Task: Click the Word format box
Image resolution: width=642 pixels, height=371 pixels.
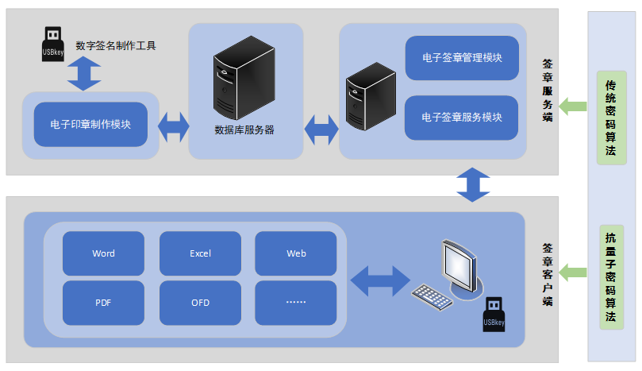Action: pos(103,253)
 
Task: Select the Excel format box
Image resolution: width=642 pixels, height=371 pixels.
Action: pos(200,253)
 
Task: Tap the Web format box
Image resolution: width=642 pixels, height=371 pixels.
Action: pos(296,253)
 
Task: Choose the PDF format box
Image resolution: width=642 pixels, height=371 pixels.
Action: pos(103,303)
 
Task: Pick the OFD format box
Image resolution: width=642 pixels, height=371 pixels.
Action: pos(200,303)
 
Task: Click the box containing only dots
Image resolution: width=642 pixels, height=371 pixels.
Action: pos(296,303)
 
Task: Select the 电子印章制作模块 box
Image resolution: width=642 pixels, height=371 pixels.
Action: pos(90,125)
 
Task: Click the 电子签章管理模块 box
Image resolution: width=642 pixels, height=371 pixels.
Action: pos(462,58)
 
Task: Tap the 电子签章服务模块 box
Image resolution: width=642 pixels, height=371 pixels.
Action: pos(462,118)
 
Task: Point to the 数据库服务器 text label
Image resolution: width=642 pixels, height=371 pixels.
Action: pos(244,129)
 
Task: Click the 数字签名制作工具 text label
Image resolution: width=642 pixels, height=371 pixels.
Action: pos(116,45)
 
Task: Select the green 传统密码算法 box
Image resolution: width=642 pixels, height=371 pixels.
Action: pos(610,118)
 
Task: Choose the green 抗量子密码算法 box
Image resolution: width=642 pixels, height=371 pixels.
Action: pos(610,276)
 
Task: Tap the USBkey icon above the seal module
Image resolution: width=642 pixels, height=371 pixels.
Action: pos(52,44)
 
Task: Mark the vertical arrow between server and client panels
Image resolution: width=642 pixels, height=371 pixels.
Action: pos(473,184)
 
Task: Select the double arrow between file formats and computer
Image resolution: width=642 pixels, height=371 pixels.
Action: pos(379,280)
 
